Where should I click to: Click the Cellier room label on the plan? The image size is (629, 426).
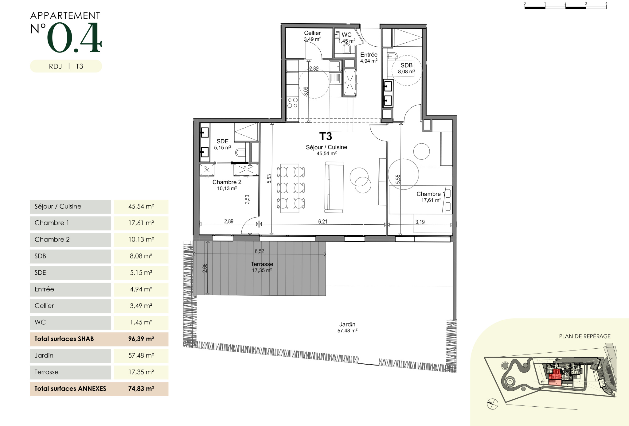(x=312, y=33)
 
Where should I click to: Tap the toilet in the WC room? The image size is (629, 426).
(x=347, y=48)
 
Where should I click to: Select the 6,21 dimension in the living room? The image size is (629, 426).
(x=323, y=221)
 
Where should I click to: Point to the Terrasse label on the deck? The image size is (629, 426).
(x=262, y=264)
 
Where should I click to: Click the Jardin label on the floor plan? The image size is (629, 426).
(x=347, y=324)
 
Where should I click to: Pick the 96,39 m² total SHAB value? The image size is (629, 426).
(x=141, y=339)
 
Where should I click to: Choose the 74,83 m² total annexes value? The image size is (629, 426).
(x=141, y=389)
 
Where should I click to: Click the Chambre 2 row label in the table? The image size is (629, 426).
(x=52, y=239)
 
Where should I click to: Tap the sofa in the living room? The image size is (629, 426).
(x=334, y=187)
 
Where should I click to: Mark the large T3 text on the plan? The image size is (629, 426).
(x=326, y=136)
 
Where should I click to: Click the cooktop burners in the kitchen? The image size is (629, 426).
(x=292, y=103)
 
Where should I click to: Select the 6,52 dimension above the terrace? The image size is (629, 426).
(x=260, y=251)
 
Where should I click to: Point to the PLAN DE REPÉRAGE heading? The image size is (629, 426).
(x=585, y=336)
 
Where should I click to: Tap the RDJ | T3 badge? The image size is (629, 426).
(x=66, y=66)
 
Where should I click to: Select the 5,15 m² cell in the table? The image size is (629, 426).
(x=141, y=273)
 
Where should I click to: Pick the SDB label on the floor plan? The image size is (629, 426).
(x=406, y=65)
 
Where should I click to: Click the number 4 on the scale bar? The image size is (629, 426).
(x=606, y=3)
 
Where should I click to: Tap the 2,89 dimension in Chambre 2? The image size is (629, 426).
(x=229, y=221)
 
